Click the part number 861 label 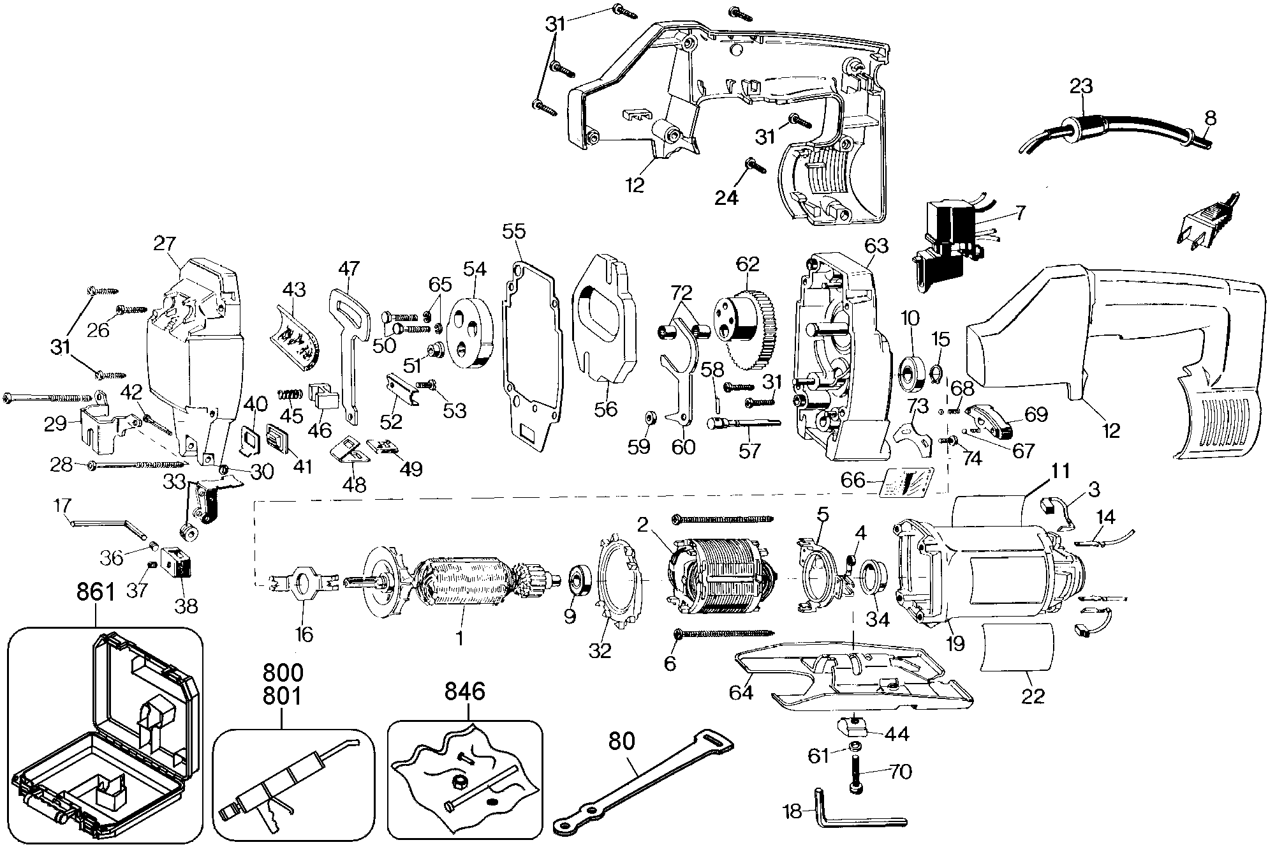point(96,592)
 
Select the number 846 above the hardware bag point(464,691)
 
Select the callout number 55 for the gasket point(514,231)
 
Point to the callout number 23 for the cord point(1081,86)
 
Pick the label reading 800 point(283,672)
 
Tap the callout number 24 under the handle point(726,198)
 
